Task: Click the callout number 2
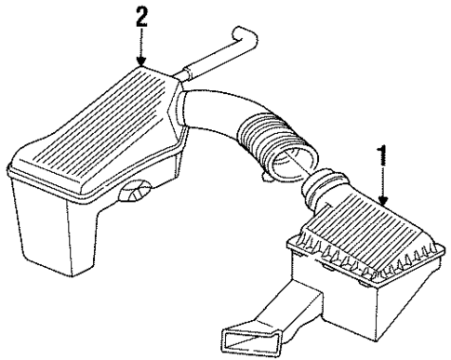(x=140, y=15)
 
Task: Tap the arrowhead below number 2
(x=140, y=60)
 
